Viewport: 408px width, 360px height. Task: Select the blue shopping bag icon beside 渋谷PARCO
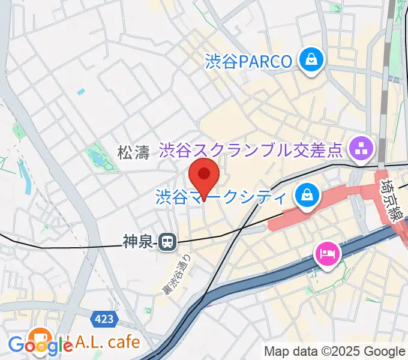tap(312, 60)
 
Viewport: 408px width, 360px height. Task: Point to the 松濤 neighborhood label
tap(133, 153)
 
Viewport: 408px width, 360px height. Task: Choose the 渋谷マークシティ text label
tap(221, 197)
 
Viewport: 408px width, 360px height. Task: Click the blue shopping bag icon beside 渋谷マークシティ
tap(307, 195)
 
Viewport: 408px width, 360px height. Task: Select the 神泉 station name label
tap(138, 242)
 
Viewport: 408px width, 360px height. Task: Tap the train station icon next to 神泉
tap(166, 242)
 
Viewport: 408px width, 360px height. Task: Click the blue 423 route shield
tap(104, 319)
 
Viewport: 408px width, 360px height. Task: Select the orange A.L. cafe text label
tap(101, 342)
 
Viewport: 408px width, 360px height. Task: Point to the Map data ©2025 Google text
tap(335, 352)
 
